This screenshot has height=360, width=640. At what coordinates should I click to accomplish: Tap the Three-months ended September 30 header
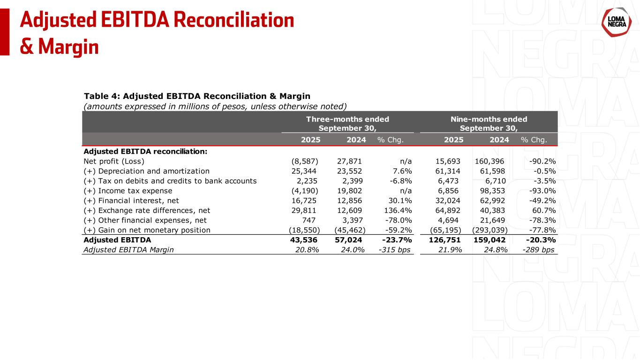[347, 123]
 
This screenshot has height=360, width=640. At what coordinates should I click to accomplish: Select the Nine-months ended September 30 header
[489, 123]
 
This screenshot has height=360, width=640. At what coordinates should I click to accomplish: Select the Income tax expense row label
[128, 191]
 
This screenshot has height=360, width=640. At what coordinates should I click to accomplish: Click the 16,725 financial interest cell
[306, 201]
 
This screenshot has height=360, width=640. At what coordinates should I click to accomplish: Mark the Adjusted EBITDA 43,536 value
[304, 240]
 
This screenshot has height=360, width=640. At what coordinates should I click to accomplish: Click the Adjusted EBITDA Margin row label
[128, 249]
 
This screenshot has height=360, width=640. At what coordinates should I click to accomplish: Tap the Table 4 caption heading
[196, 96]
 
